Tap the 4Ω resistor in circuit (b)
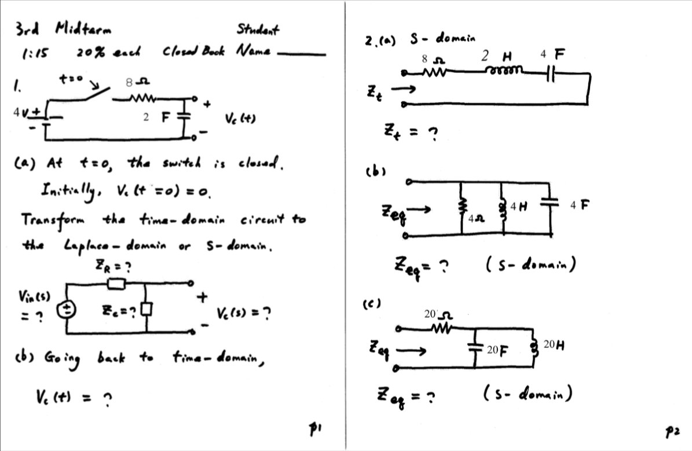pos(462,207)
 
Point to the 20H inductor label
pos(554,346)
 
